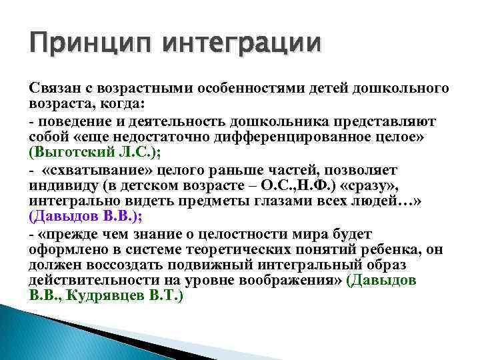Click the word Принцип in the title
tap(79, 47)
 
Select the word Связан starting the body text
tap(53, 89)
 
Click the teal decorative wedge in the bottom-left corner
tap(40, 333)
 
